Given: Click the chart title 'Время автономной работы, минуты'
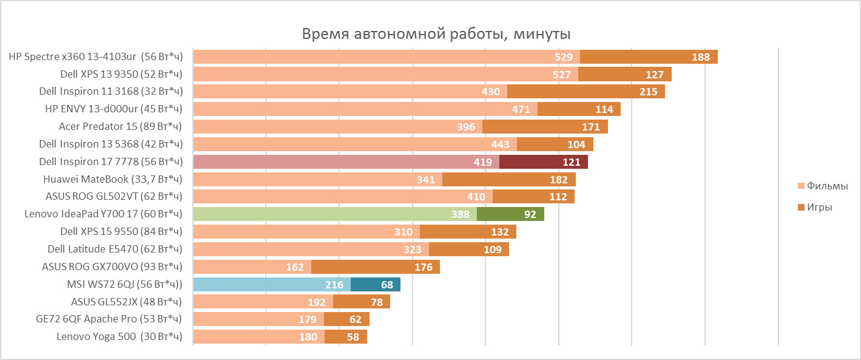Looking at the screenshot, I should (436, 33).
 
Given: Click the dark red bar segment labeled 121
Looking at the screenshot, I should (544, 162).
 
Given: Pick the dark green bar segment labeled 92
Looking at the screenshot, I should (510, 214).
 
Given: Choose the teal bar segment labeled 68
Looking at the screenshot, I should (375, 285).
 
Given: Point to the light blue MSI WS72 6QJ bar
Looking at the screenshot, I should (271, 285).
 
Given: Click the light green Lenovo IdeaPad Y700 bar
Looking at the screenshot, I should (334, 214).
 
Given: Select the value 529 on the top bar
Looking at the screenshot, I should (564, 57).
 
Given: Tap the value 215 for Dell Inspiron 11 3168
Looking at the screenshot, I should (648, 92).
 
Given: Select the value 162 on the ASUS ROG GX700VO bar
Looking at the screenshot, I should (294, 267).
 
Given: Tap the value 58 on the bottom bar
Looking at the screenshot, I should (353, 337).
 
